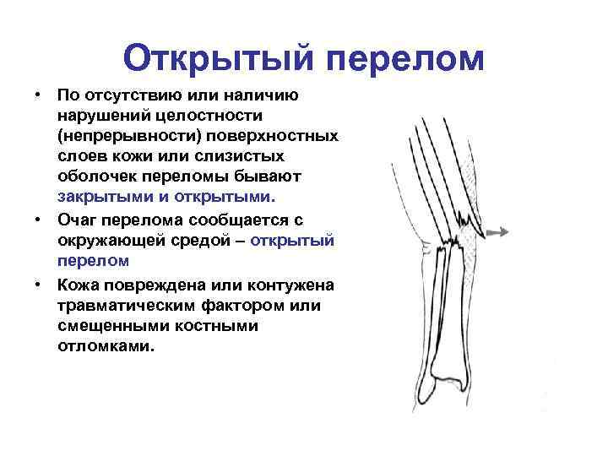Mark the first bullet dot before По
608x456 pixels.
pyautogui.click(x=39, y=95)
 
